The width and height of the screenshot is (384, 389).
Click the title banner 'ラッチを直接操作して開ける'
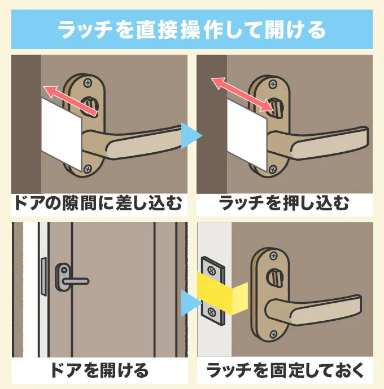click(x=192, y=28)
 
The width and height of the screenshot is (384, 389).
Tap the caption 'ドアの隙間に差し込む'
click(x=99, y=204)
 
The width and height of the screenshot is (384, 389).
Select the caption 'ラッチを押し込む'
click(x=284, y=204)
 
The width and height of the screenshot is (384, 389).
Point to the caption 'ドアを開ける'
click(x=99, y=370)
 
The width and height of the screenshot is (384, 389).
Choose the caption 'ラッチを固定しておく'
click(x=284, y=370)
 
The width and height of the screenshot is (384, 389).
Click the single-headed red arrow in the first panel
click(x=65, y=96)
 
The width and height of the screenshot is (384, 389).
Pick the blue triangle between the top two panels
click(x=191, y=135)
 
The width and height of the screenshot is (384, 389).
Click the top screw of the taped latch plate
click(x=211, y=266)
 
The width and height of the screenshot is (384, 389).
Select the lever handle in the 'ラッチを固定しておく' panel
click(x=328, y=310)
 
